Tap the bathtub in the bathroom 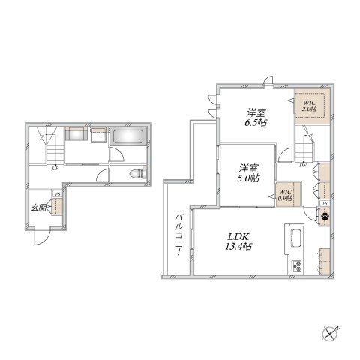pos(129,139)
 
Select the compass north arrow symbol pos(331,331)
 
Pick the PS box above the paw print pos(324,203)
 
